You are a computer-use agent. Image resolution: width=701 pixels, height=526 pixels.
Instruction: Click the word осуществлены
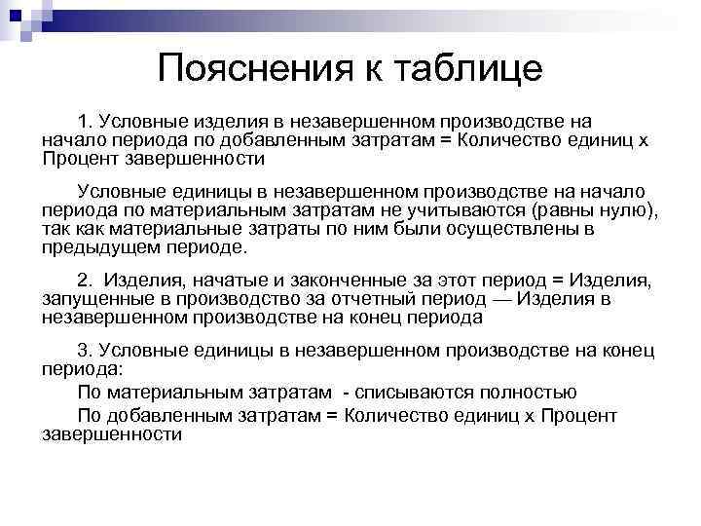point(513,229)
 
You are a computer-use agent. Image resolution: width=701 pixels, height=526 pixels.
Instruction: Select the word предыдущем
point(98,247)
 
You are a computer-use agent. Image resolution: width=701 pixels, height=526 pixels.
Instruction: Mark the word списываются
point(413,393)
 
